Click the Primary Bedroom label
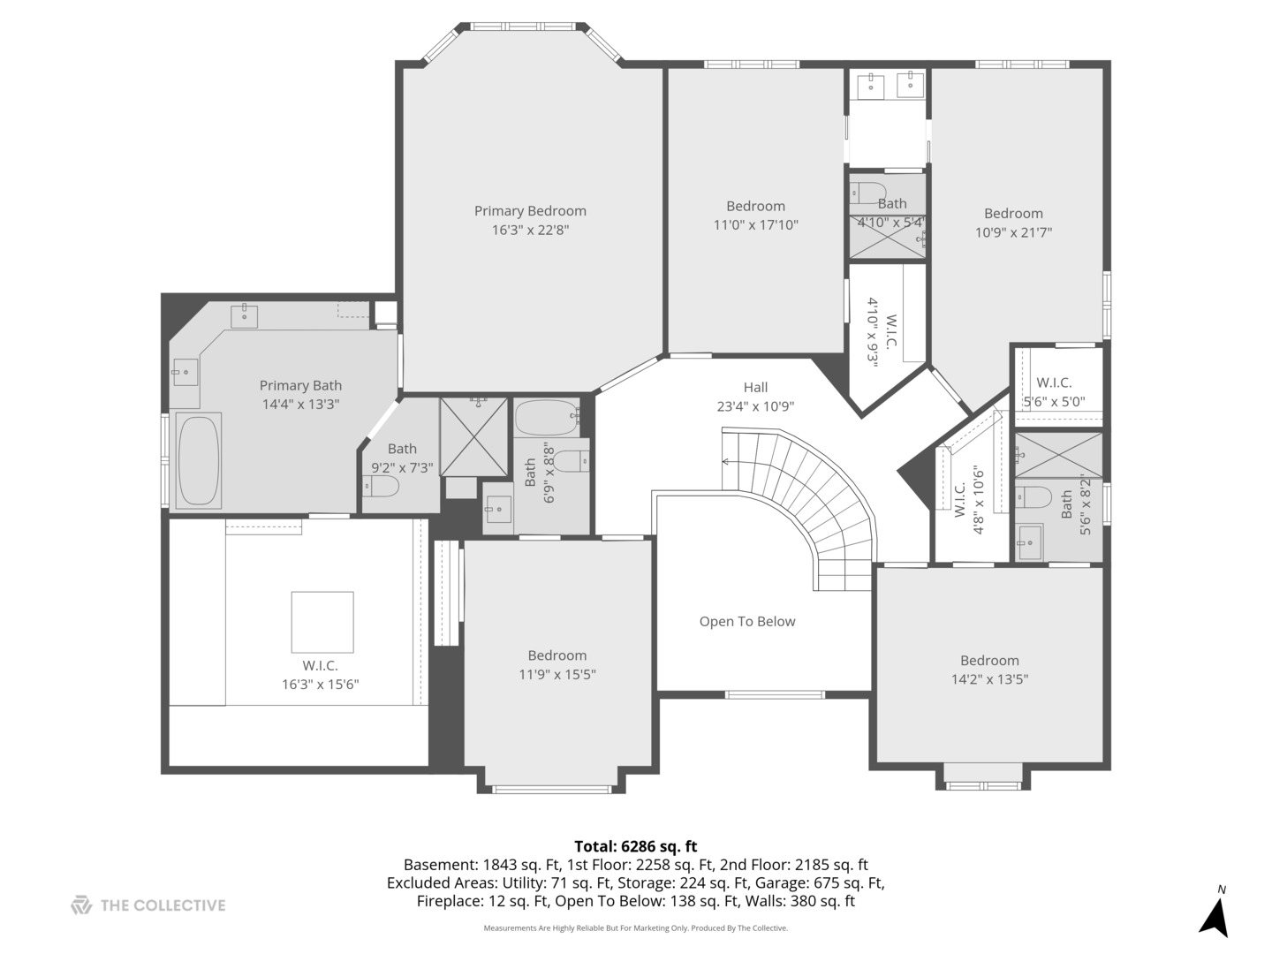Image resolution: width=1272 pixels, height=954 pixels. tap(530, 211)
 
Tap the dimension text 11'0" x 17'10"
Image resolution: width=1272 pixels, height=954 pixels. tap(755, 225)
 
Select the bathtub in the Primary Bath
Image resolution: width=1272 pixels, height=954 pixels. tap(198, 459)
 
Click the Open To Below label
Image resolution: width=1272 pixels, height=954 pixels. tap(747, 622)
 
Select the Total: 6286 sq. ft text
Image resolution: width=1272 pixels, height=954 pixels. tap(635, 846)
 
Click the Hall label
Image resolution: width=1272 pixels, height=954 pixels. tap(755, 387)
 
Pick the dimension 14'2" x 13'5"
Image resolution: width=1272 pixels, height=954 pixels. tap(989, 679)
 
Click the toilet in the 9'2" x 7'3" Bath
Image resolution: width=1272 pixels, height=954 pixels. tap(382, 487)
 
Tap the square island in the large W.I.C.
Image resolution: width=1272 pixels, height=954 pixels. tap(322, 622)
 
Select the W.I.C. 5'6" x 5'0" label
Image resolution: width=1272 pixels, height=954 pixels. tap(1054, 383)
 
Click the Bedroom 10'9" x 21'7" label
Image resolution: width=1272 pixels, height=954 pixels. tap(1013, 214)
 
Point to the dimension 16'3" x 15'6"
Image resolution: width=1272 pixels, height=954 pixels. tap(320, 685)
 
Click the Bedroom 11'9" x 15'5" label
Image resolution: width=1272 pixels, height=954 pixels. tap(556, 655)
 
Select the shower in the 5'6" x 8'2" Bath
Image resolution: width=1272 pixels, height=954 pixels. tap(1058, 455)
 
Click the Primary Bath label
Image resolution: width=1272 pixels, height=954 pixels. tap(300, 386)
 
